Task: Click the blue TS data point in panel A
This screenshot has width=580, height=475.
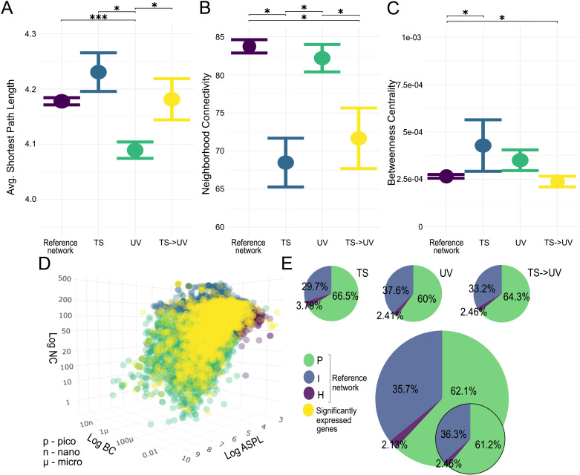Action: (x=98, y=72)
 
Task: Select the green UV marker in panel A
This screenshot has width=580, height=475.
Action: (x=135, y=150)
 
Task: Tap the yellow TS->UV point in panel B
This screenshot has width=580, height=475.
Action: (x=359, y=138)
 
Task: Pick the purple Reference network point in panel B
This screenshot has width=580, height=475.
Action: (x=249, y=47)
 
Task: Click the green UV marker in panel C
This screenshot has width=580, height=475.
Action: (x=520, y=160)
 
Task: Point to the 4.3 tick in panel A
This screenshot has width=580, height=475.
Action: (x=30, y=34)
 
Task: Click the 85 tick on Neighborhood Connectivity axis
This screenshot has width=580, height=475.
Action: (x=220, y=37)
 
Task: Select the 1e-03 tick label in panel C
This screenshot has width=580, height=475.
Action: (x=411, y=37)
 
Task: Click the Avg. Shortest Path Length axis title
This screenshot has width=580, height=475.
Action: (x=10, y=137)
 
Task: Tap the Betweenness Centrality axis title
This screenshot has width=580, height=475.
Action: (x=391, y=132)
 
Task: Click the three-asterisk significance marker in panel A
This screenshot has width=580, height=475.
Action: (x=98, y=17)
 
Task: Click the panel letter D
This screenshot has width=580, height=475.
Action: (x=44, y=263)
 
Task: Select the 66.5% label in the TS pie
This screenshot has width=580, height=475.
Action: (x=345, y=295)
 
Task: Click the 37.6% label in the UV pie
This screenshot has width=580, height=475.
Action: (x=396, y=290)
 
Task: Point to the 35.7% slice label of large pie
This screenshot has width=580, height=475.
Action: (x=405, y=389)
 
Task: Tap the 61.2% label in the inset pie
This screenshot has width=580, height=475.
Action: (x=488, y=445)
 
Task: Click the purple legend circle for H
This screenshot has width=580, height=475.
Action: (x=309, y=393)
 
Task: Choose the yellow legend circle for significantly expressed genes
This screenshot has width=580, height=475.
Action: (x=308, y=410)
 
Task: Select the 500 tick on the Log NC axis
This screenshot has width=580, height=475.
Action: (x=65, y=279)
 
